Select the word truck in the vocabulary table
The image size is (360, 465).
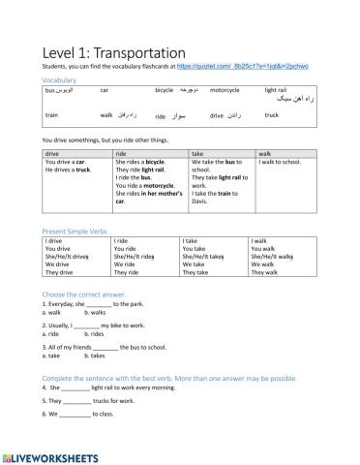272,115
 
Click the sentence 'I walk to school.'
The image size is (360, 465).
281,162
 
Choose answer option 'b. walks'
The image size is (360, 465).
95,313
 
